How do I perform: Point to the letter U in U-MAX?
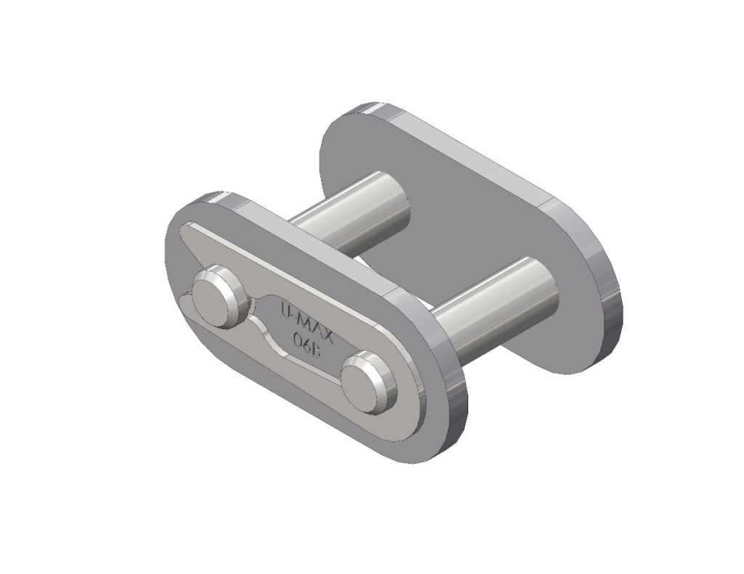pyautogui.click(x=286, y=308)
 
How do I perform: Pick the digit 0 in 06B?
pyautogui.click(x=297, y=335)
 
